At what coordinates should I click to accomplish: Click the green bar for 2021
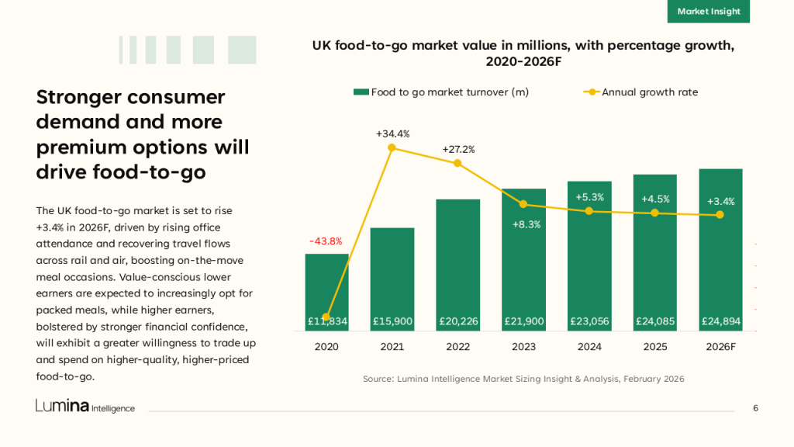point(392,279)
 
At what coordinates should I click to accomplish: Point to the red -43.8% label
point(326,241)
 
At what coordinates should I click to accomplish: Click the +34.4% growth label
point(392,134)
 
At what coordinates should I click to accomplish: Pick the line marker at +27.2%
point(457,163)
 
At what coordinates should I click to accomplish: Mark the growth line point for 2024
point(589,211)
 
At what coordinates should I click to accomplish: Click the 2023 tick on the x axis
point(523,347)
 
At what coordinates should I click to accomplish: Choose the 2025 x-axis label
point(654,347)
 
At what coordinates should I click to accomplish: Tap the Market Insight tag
point(708,12)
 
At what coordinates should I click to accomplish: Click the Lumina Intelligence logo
point(85,407)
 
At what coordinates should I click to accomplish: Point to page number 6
point(755,408)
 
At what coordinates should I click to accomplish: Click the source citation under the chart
point(523,379)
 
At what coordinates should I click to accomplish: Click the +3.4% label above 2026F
point(720,201)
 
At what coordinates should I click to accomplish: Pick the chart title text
point(523,54)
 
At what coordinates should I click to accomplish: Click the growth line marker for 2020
point(326,317)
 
